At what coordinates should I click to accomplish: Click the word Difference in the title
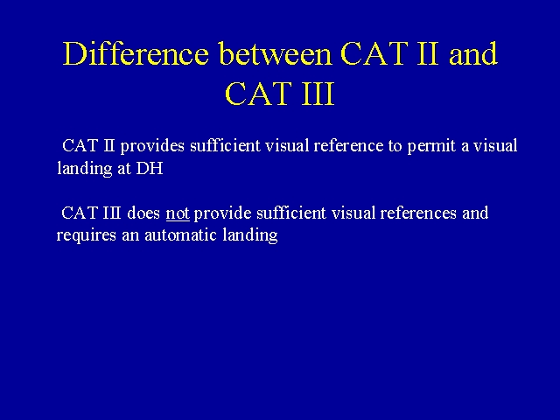click(136, 53)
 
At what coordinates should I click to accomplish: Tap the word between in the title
click(275, 53)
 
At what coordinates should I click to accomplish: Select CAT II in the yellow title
click(389, 53)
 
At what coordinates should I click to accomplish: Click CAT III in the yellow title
click(280, 94)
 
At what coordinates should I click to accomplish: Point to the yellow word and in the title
click(473, 53)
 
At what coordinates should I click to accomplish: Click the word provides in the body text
click(152, 146)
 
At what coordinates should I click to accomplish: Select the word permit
click(431, 146)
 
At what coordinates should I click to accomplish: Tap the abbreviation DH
click(150, 168)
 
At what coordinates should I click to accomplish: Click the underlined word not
click(178, 213)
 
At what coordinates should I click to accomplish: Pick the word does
click(143, 213)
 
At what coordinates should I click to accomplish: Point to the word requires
click(87, 235)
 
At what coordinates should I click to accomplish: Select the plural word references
click(418, 213)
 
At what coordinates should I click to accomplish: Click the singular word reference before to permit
click(348, 146)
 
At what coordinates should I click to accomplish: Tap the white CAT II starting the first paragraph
click(88, 146)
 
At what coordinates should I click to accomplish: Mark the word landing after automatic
click(250, 235)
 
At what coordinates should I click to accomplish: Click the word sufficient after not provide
click(291, 213)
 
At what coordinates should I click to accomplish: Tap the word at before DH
click(124, 169)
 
